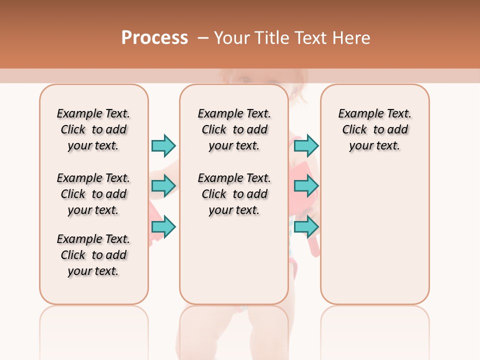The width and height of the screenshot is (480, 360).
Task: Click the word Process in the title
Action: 154,37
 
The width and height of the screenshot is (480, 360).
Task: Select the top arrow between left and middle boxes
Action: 163,145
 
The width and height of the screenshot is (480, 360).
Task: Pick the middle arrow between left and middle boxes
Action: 163,186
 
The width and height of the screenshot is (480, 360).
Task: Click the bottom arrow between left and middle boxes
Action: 163,226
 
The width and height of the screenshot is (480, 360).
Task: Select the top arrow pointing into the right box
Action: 306,145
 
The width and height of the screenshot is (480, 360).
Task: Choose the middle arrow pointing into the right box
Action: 306,186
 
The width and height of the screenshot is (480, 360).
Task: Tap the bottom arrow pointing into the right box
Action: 306,226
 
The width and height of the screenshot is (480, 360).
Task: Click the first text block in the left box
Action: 93,129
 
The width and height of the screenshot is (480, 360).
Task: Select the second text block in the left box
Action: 93,194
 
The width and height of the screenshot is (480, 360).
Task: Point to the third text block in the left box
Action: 93,255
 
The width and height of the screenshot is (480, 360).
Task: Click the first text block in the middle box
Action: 234,129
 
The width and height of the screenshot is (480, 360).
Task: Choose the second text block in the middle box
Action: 234,194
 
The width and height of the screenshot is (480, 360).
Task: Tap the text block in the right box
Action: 374,129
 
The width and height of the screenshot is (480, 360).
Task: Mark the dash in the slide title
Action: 203,37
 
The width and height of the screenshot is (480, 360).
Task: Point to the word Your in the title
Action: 232,37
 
